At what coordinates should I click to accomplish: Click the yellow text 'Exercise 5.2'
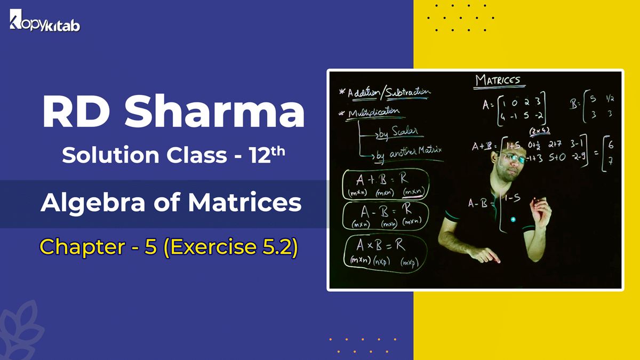point(234,246)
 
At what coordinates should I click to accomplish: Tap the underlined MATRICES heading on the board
point(497,81)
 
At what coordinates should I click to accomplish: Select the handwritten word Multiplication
point(373,113)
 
